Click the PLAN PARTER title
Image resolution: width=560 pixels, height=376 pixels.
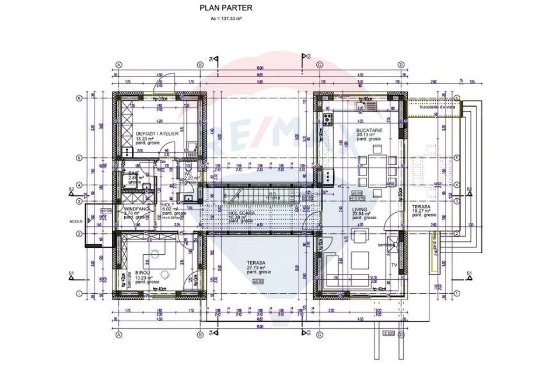[219, 8]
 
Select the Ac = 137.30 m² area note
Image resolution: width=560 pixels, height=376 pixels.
[226, 19]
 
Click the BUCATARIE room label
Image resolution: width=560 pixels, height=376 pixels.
[369, 131]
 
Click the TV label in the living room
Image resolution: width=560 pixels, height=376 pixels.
[394, 266]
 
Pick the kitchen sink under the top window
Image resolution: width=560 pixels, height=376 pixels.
[365, 106]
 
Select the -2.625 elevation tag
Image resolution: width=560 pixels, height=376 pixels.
[388, 333]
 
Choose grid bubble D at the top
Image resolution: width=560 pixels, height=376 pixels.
[401, 65]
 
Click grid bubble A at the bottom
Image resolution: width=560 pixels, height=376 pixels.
[118, 336]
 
